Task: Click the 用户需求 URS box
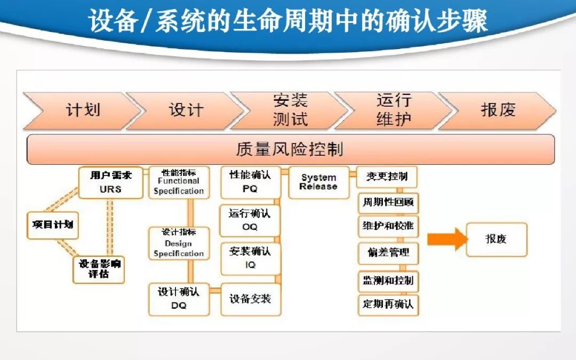click(110, 182)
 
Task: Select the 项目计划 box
click(52, 225)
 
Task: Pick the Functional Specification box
click(179, 182)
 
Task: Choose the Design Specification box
click(179, 244)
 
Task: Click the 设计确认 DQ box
click(179, 299)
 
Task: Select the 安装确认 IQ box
click(250, 258)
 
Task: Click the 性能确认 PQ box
click(250, 182)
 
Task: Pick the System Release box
click(318, 182)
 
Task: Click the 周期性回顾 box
click(388, 203)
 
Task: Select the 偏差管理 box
click(388, 252)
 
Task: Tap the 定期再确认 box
click(388, 305)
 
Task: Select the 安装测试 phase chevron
click(290, 110)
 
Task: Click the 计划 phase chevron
click(83, 110)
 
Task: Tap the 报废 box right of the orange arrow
click(497, 239)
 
